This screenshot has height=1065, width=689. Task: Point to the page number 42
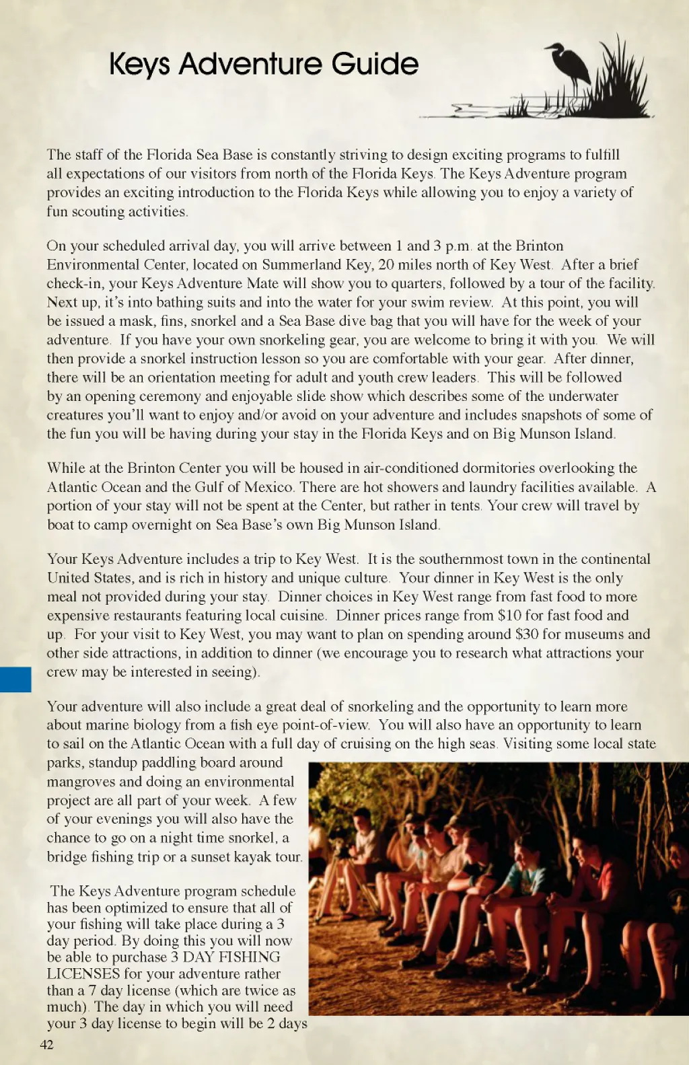click(x=46, y=1044)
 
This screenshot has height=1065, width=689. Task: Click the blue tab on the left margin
click(x=15, y=680)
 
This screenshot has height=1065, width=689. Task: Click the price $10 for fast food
click(x=509, y=615)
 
